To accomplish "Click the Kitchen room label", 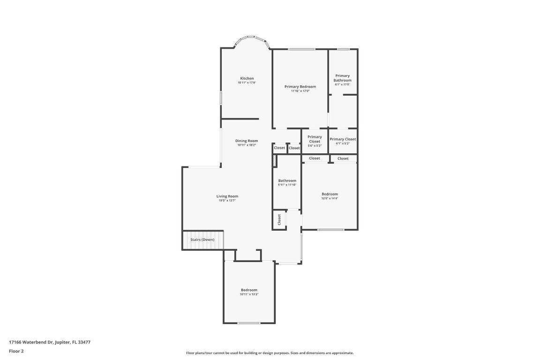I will tap(247, 78).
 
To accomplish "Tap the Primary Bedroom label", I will tap(300, 87).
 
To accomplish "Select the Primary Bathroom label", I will tap(343, 78).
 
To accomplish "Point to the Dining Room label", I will tap(247, 141).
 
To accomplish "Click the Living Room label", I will tap(227, 196).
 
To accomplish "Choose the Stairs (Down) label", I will tap(202, 240).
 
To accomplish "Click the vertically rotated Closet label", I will tap(279, 219).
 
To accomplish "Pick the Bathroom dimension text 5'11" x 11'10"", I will tap(287, 185).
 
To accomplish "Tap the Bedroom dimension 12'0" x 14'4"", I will tap(330, 198).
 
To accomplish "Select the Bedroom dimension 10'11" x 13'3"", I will tap(249, 294).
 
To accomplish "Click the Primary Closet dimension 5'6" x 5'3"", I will tap(315, 145).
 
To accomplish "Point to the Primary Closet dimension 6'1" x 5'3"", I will tap(343, 143).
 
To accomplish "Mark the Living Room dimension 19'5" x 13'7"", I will tap(227, 201).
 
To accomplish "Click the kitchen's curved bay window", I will tap(251, 37).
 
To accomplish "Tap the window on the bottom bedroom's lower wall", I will tap(249, 323).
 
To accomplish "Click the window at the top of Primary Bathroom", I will tap(344, 49).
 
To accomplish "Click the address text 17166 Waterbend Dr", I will tap(50, 342).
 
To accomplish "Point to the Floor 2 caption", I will tap(16, 351).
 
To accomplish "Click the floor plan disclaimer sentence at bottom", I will tap(270, 353).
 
